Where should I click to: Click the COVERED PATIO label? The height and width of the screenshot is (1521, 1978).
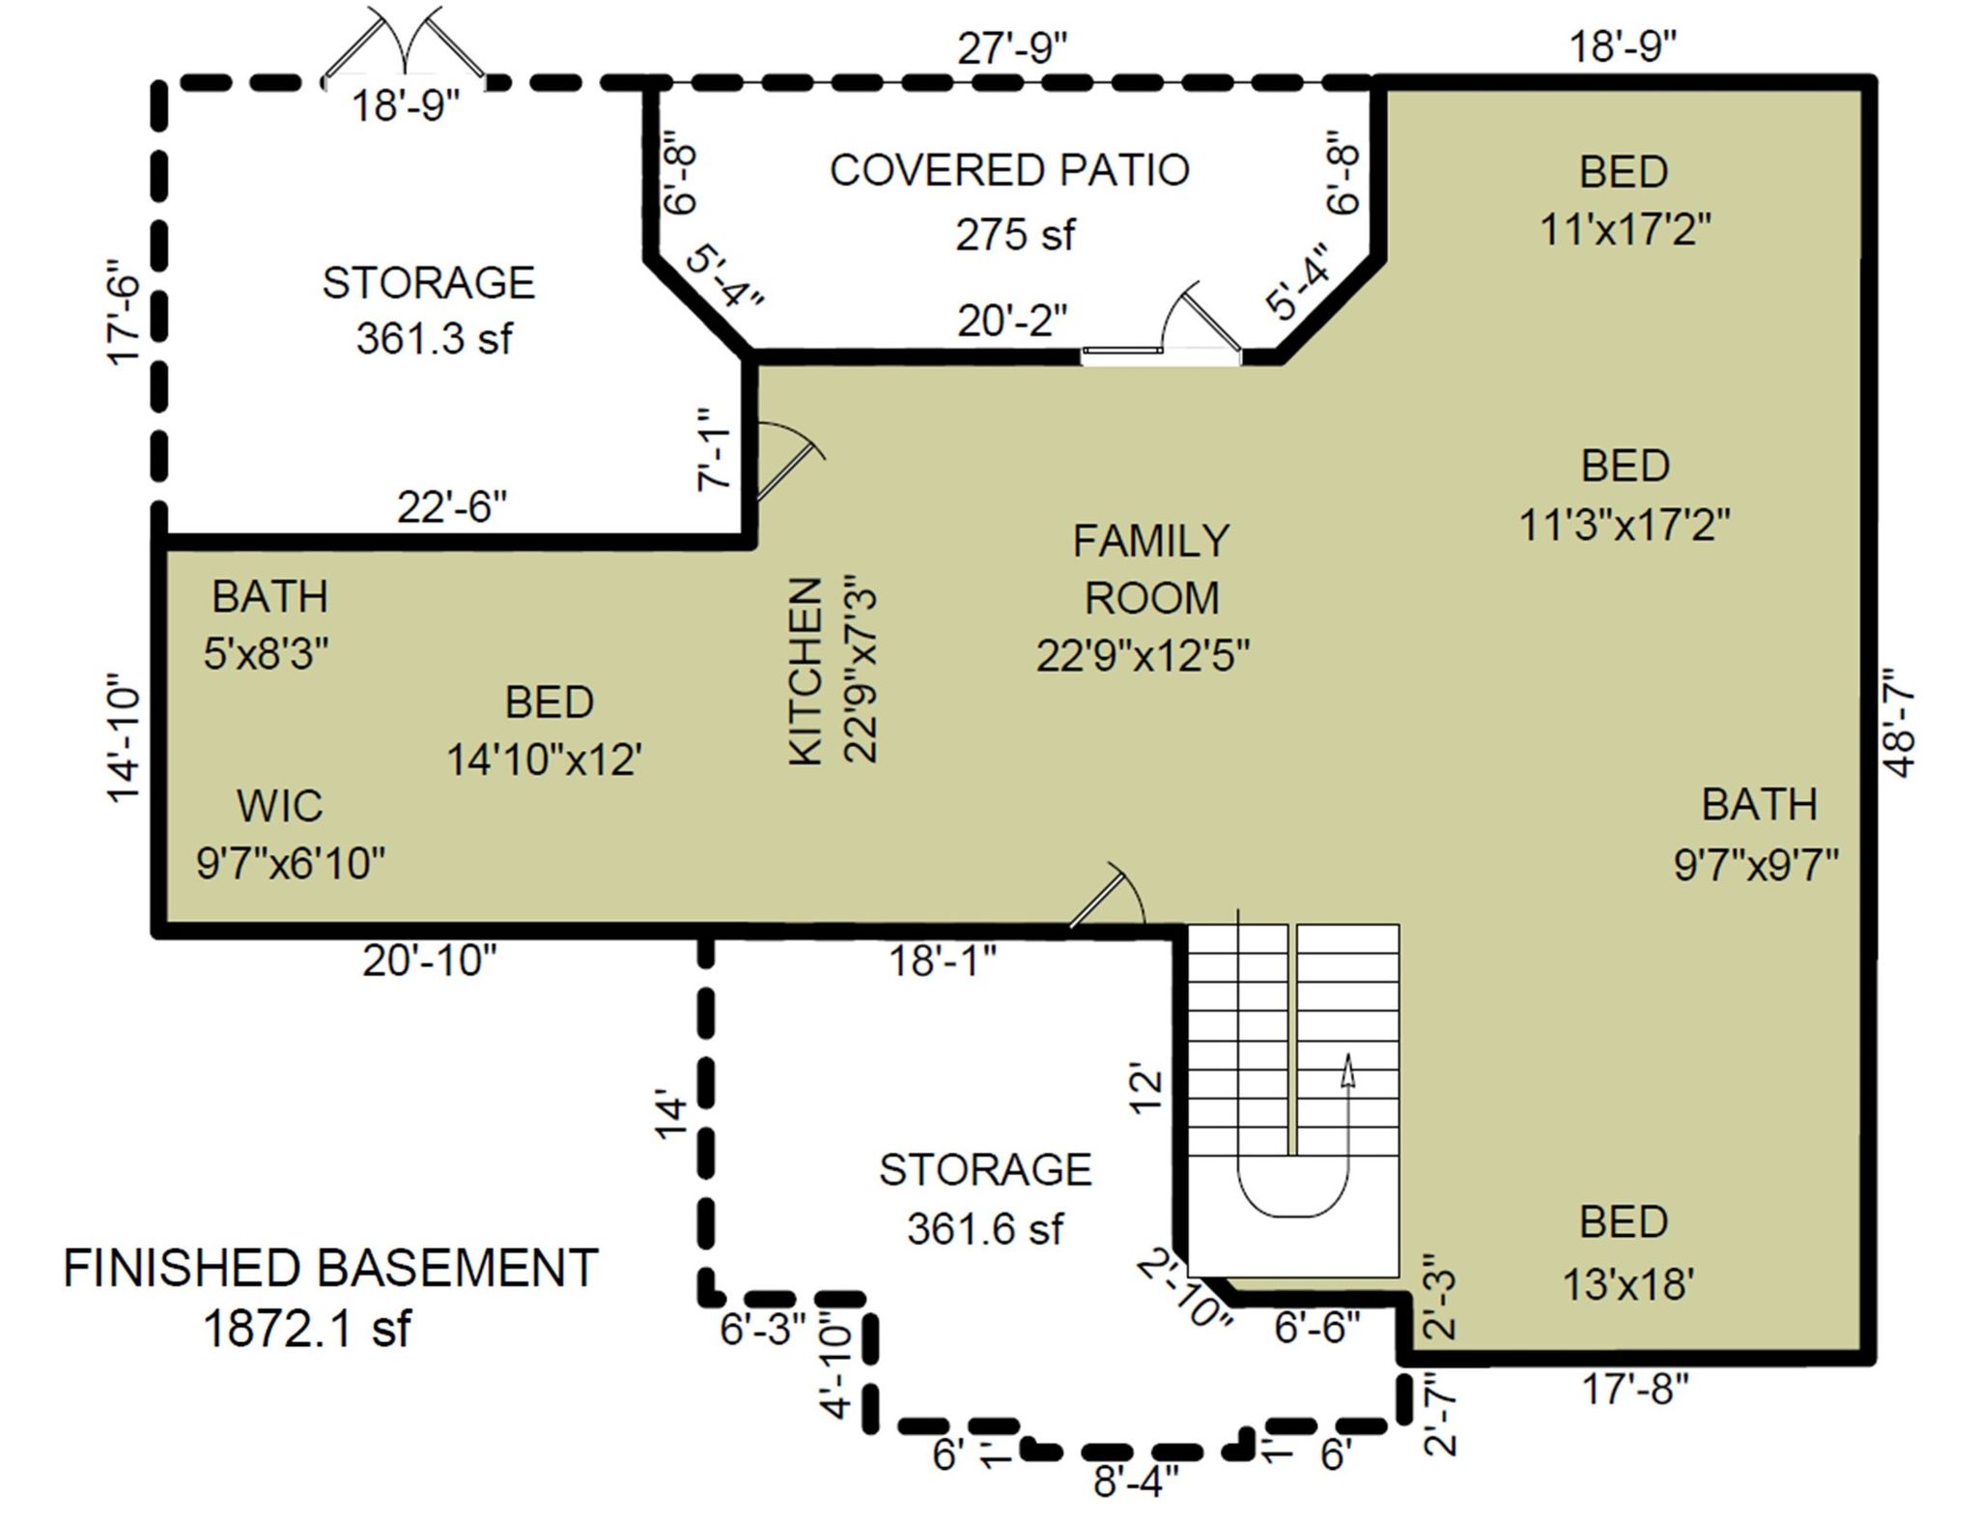click(x=1009, y=170)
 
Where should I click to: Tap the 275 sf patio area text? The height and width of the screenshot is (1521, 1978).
click(x=1014, y=234)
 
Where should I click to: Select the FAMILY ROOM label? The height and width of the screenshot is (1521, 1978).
click(x=1151, y=569)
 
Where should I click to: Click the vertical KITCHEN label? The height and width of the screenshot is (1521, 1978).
click(x=805, y=672)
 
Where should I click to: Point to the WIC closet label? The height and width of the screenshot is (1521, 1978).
click(x=280, y=805)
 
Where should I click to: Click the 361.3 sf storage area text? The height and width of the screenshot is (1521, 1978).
click(x=435, y=338)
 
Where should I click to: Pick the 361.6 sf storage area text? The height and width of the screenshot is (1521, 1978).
click(x=985, y=1229)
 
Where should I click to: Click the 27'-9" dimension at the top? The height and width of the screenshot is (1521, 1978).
click(x=1013, y=48)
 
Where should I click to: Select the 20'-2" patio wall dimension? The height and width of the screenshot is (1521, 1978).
click(x=1013, y=321)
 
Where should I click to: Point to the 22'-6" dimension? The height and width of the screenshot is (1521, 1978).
click(x=452, y=506)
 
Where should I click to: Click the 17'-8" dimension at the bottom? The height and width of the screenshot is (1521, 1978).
click(x=1635, y=1390)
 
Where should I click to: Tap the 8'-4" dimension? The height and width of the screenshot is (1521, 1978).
click(x=1136, y=1480)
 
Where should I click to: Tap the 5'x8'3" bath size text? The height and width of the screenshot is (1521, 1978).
click(x=267, y=654)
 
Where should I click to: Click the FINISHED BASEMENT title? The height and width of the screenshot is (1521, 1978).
click(x=331, y=1267)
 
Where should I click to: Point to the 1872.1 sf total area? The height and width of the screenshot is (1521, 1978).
click(x=307, y=1328)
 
